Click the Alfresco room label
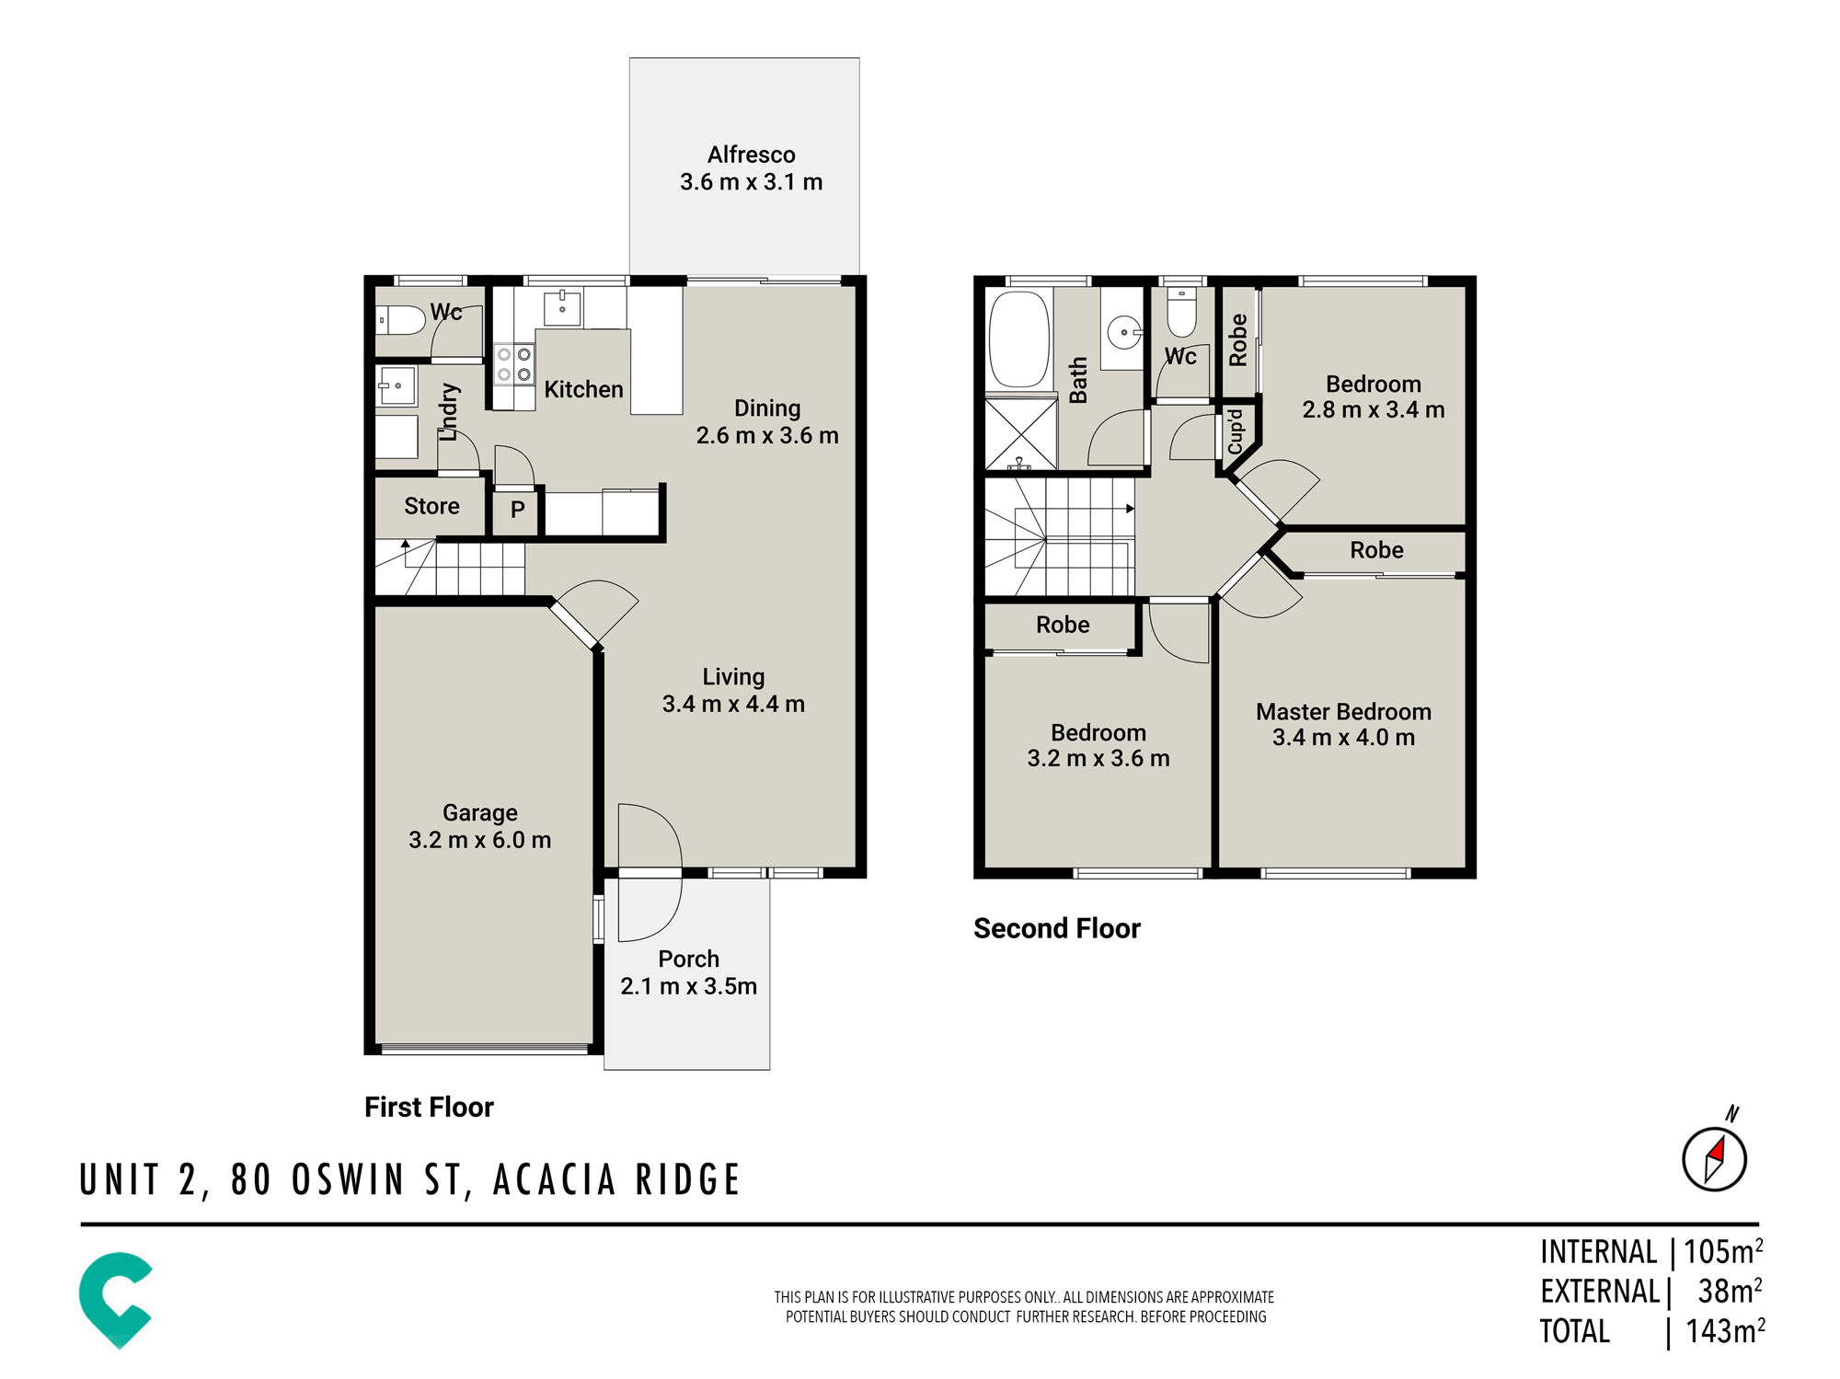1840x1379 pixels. (751, 155)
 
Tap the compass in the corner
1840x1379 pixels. (1714, 1157)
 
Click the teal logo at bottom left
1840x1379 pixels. (116, 1300)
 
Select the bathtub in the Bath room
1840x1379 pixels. (1018, 339)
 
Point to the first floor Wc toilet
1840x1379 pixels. (401, 319)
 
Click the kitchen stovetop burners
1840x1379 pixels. (514, 363)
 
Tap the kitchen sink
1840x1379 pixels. (562, 307)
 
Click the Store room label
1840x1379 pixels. (431, 506)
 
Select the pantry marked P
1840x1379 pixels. (517, 510)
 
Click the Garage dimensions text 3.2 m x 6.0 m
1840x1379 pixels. (479, 840)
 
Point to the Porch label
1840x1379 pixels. (688, 959)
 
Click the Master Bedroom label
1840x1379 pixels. (1343, 711)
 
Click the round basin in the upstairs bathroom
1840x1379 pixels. (1124, 331)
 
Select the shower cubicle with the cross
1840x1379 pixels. (1021, 433)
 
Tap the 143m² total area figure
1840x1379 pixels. (1725, 1330)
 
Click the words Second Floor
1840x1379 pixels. (1057, 928)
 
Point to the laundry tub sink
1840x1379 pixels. (397, 385)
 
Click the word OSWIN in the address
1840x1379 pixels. (348, 1180)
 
